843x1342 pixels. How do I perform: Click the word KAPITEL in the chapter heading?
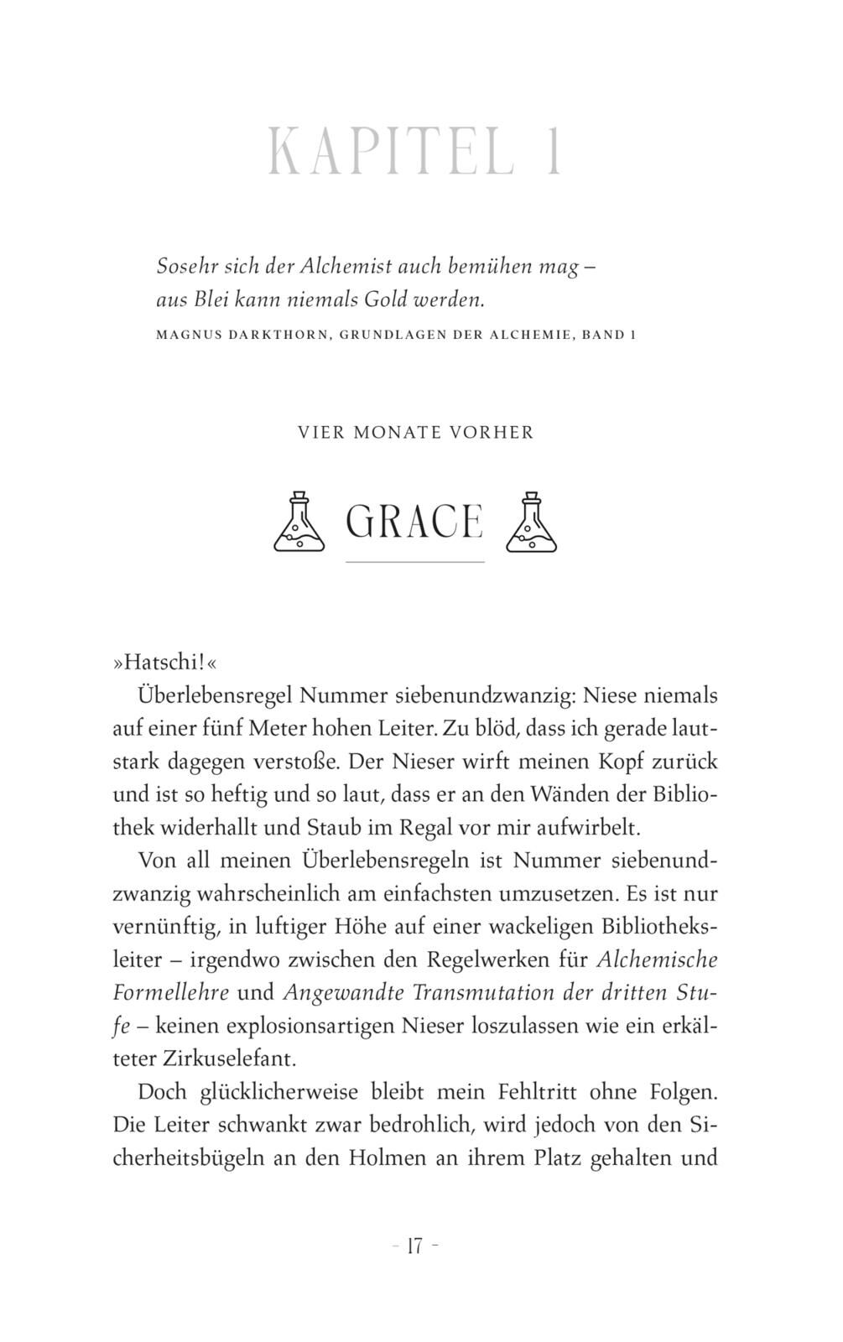tap(391, 151)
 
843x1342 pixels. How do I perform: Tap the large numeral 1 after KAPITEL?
tap(553, 151)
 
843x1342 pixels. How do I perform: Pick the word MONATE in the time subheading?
tap(398, 433)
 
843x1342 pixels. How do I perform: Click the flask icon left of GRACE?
tap(299, 522)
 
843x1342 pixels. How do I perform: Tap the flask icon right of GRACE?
tap(531, 522)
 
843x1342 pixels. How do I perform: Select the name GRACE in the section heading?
tap(414, 522)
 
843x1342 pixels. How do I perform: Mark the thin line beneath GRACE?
tap(414, 561)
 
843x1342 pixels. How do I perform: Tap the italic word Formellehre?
tap(171, 992)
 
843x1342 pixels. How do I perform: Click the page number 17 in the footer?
tap(414, 1246)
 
